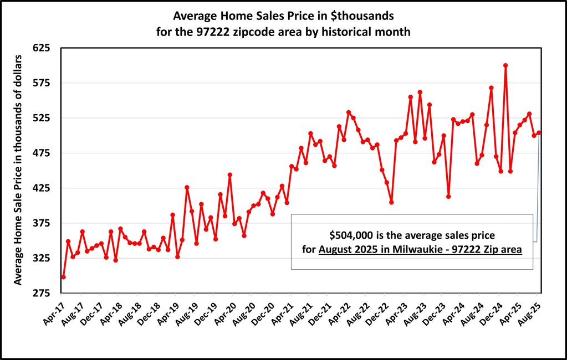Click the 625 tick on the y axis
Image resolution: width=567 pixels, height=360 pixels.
click(42, 48)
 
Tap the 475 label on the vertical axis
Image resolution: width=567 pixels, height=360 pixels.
click(42, 153)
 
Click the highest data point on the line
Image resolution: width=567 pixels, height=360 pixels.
click(505, 65)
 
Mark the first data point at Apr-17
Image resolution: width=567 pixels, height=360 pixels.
click(63, 277)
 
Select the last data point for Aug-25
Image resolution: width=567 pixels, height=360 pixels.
click(539, 132)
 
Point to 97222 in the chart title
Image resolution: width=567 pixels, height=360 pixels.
click(224, 32)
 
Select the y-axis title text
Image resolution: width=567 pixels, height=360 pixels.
click(18, 169)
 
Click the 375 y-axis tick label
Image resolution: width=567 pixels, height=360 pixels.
click(42, 223)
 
